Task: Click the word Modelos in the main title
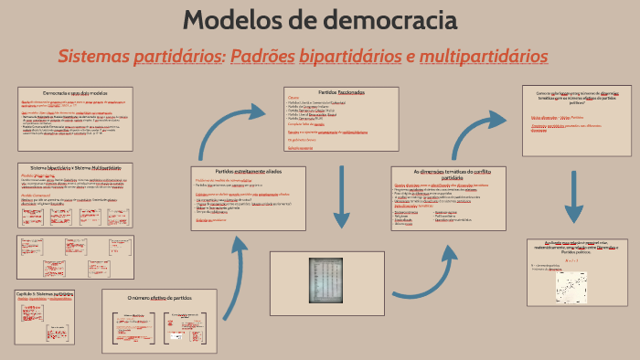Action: coord(236,20)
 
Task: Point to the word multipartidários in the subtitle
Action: coord(485,57)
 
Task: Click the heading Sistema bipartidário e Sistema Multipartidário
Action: coord(75,168)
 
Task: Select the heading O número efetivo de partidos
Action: coord(159,298)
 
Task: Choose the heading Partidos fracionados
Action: coord(340,92)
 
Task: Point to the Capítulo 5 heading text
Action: coord(45,294)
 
